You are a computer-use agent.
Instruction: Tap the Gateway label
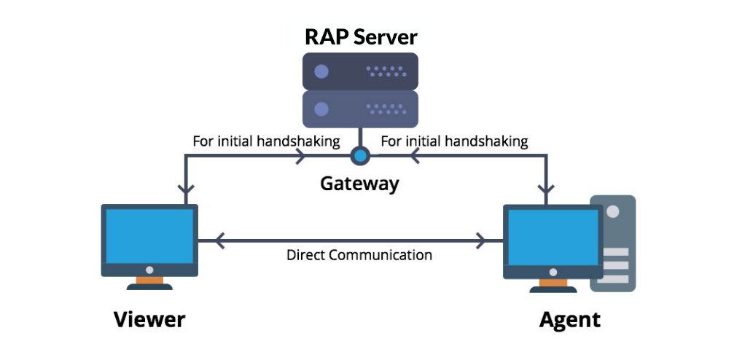click(x=359, y=183)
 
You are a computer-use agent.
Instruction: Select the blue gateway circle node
click(x=359, y=154)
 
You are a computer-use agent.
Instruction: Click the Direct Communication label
click(x=359, y=255)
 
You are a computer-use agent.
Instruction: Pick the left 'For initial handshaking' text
click(x=266, y=141)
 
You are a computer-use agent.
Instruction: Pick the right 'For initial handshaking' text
click(x=455, y=141)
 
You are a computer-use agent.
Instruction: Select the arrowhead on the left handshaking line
click(x=300, y=154)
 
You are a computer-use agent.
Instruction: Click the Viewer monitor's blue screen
click(x=149, y=237)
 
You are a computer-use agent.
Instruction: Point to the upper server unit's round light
click(x=321, y=72)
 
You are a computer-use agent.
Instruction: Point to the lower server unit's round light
click(x=321, y=109)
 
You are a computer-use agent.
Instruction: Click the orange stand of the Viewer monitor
click(x=149, y=280)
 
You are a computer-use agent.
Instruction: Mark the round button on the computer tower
click(x=613, y=211)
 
